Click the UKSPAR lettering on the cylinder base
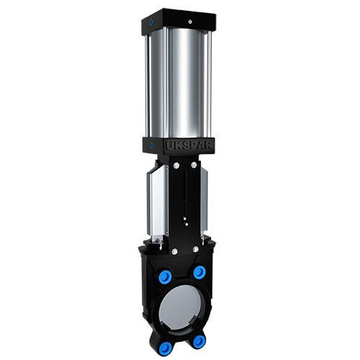pos(189,145)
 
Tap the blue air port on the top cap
pos(151,22)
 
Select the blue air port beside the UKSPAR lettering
pos(152,145)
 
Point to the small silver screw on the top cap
pos(189,22)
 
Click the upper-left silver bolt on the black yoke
pos(177,165)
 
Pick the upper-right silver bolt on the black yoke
pos(194,165)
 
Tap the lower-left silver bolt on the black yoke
pos(174,251)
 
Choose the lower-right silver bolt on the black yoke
pos(196,249)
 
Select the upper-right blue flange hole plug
pos(199,272)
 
